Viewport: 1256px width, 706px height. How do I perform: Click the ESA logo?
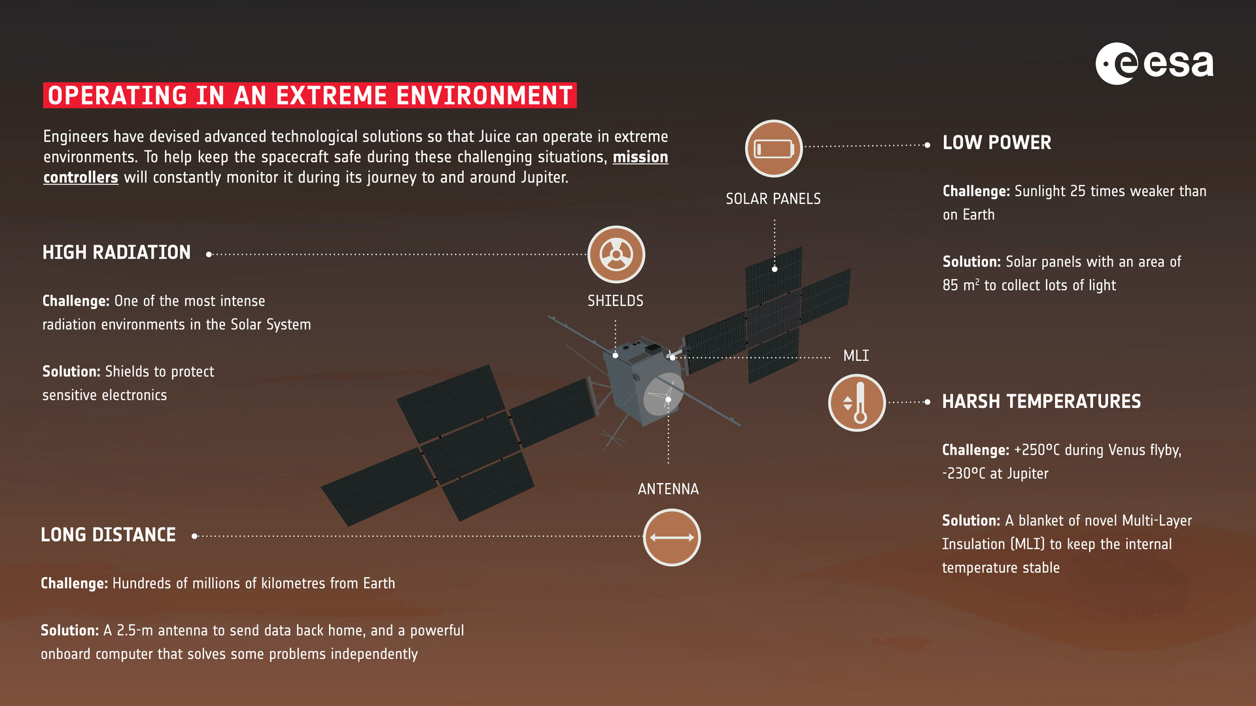[1154, 64]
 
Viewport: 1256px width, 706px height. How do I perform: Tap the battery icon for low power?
[774, 148]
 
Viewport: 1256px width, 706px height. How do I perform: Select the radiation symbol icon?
[616, 254]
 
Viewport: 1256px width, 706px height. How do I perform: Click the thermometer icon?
[857, 403]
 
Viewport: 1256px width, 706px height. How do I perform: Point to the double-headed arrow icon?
[672, 537]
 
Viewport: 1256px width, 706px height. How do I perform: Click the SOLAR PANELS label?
[773, 199]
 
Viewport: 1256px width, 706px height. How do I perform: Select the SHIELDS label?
[615, 301]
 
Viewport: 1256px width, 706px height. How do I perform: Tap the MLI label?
[856, 356]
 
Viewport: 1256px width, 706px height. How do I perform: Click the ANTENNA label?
[668, 489]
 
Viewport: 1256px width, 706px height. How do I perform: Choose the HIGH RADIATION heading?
[116, 252]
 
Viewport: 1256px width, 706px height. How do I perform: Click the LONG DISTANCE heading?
[108, 535]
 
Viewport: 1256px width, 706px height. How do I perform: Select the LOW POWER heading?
[996, 143]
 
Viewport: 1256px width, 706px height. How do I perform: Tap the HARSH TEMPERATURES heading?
[1041, 401]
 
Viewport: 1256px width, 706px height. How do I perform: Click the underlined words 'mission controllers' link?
[640, 158]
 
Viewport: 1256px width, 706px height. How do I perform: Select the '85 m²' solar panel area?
[960, 285]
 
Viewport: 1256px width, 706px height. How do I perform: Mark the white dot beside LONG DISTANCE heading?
[194, 536]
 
